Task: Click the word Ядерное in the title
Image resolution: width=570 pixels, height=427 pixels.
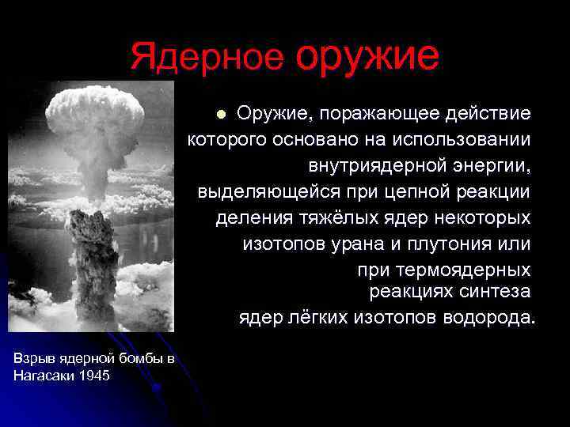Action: [x=207, y=58]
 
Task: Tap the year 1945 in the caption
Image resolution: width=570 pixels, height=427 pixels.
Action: [x=94, y=376]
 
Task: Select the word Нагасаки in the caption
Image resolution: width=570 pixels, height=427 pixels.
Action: [x=44, y=376]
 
